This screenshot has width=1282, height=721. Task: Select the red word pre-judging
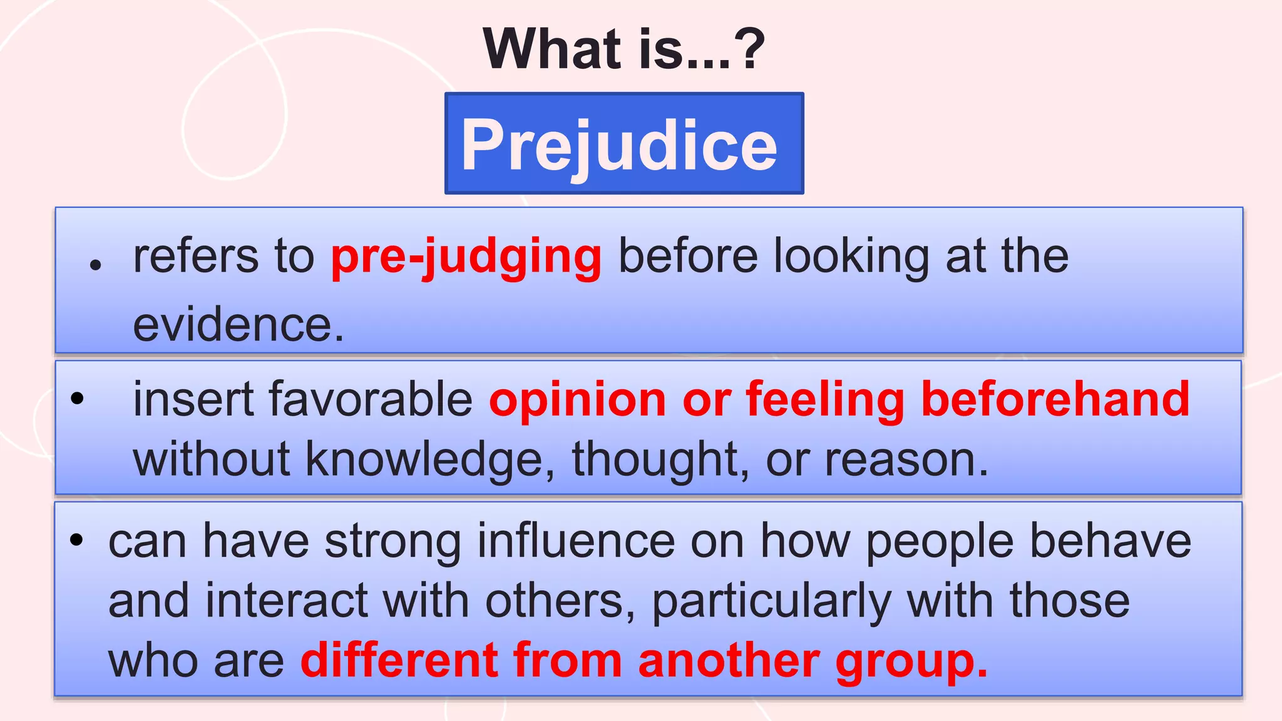click(x=466, y=257)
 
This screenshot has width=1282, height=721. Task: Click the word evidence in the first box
click(x=238, y=325)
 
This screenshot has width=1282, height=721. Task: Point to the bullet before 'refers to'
click(x=95, y=265)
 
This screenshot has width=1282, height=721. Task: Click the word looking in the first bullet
click(x=851, y=257)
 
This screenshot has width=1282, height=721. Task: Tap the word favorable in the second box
click(x=370, y=399)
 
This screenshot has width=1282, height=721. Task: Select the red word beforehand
click(x=1055, y=399)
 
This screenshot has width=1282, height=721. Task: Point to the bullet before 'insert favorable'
click(x=77, y=398)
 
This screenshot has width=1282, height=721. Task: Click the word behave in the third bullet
click(x=1110, y=541)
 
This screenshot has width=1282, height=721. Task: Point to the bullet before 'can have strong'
click(x=76, y=540)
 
